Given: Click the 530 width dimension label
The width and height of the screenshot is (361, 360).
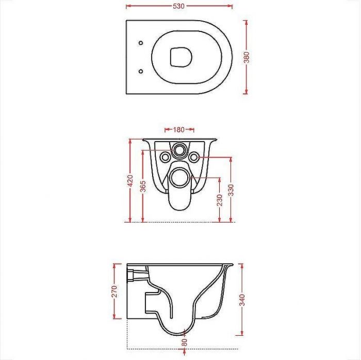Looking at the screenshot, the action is tap(178, 6).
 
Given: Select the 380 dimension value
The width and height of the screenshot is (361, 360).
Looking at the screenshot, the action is tap(247, 57).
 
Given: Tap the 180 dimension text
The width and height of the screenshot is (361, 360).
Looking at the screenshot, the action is tap(179, 130).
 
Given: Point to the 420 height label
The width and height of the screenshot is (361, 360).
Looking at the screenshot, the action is tap(130, 180).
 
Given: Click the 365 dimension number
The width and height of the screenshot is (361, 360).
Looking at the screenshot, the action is tap(143, 186).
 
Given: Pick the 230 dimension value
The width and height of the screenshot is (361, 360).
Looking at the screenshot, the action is tap(220, 200).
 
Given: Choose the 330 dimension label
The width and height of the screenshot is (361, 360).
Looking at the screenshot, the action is tap(231, 190).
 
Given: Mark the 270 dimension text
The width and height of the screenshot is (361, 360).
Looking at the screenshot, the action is tap(114, 292).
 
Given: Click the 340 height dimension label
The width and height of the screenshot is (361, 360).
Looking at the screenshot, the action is tap(242, 300).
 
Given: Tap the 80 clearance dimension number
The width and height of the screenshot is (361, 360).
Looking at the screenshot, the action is tap(185, 342).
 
